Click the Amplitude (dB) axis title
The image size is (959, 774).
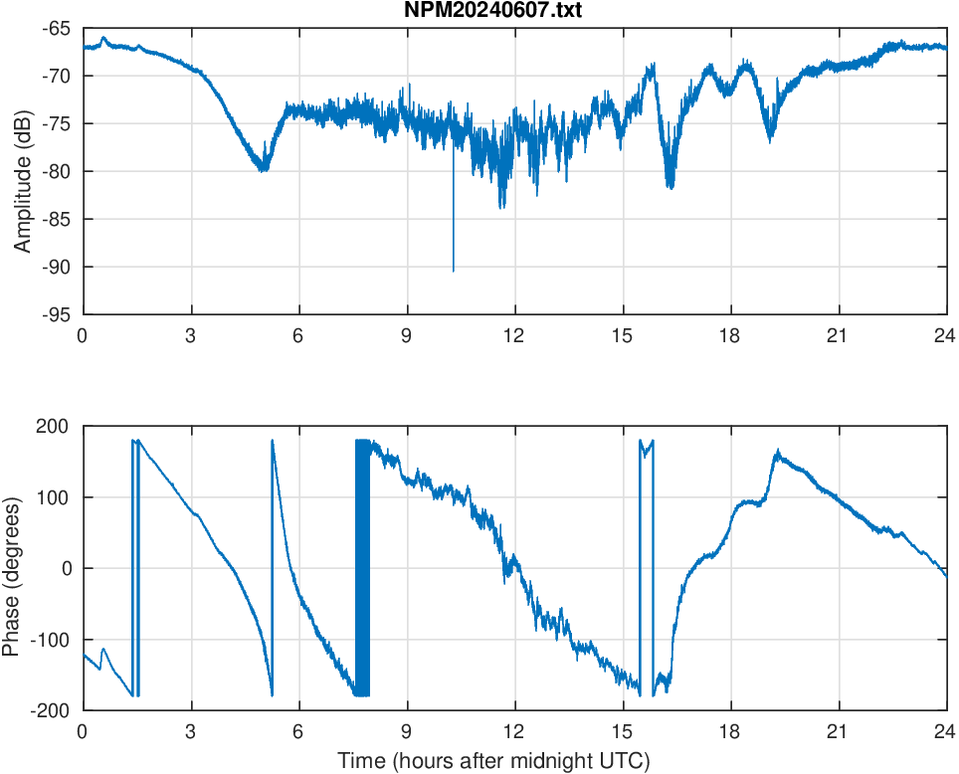(x=23, y=171)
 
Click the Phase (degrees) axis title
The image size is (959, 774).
(x=12, y=568)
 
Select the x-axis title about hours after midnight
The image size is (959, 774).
(x=493, y=762)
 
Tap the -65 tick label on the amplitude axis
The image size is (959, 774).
(x=56, y=28)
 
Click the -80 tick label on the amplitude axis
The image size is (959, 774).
(x=56, y=171)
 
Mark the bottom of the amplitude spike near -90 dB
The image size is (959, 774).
(x=454, y=270)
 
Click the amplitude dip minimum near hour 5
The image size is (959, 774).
(x=264, y=169)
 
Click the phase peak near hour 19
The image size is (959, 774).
(x=777, y=452)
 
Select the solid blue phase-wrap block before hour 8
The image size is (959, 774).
(x=362, y=567)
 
